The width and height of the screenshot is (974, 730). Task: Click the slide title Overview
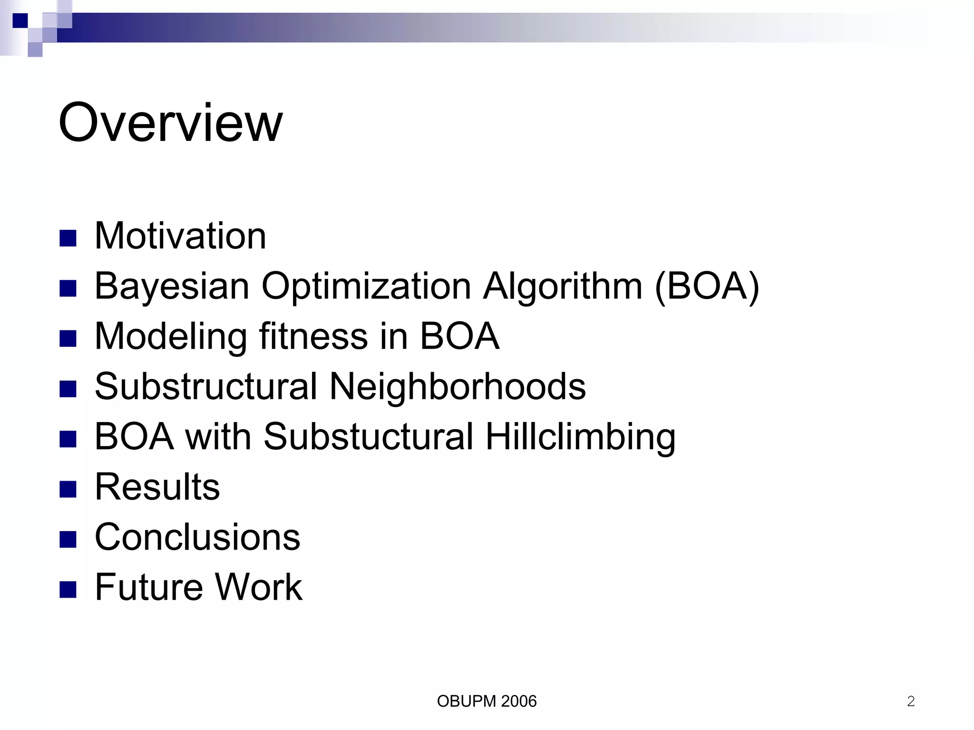170,123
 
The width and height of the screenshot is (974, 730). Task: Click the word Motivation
180,236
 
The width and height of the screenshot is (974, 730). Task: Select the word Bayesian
172,286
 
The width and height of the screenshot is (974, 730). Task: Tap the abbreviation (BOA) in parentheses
707,286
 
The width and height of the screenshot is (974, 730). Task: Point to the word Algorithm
563,286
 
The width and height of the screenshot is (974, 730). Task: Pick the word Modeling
171,337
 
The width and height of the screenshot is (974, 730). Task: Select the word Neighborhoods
458,386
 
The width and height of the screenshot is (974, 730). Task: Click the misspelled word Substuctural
369,436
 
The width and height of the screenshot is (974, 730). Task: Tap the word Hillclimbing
580,437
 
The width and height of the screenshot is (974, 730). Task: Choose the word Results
157,487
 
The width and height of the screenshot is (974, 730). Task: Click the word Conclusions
197,537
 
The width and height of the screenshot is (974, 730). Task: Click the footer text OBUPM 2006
487,701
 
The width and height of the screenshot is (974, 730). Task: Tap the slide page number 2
911,701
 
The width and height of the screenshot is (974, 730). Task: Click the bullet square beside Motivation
68,238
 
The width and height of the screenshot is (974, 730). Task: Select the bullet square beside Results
68,489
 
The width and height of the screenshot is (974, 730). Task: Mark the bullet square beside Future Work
68,589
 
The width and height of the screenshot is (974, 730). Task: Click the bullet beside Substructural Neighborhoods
68,389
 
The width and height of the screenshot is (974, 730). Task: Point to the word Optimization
366,287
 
